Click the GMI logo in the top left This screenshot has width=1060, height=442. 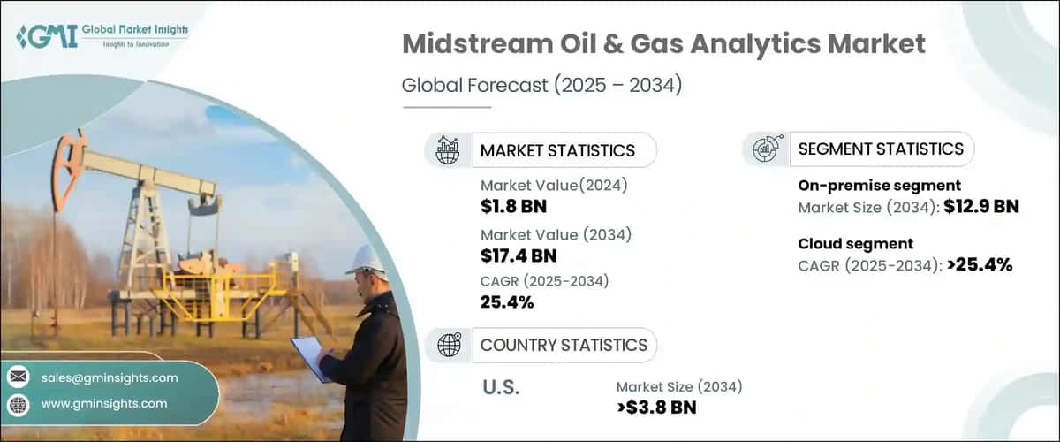click(x=102, y=37)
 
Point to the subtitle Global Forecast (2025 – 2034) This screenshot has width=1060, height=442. click(x=541, y=86)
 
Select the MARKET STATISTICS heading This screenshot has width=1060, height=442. click(x=557, y=150)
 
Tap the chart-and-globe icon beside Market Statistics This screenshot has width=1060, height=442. click(x=449, y=150)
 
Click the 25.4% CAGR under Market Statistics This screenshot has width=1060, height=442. click(x=507, y=303)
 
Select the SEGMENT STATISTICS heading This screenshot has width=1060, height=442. click(x=881, y=149)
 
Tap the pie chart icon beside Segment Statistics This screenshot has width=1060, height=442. click(x=766, y=149)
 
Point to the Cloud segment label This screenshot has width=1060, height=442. click(x=855, y=244)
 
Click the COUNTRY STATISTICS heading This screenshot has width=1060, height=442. click(x=564, y=345)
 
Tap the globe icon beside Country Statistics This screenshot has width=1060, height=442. click(x=449, y=345)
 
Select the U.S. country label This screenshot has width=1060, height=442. click(x=502, y=386)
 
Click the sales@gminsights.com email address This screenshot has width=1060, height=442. click(x=110, y=377)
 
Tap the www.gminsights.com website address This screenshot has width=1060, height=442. click(x=104, y=403)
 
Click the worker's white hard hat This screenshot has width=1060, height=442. click(x=366, y=258)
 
